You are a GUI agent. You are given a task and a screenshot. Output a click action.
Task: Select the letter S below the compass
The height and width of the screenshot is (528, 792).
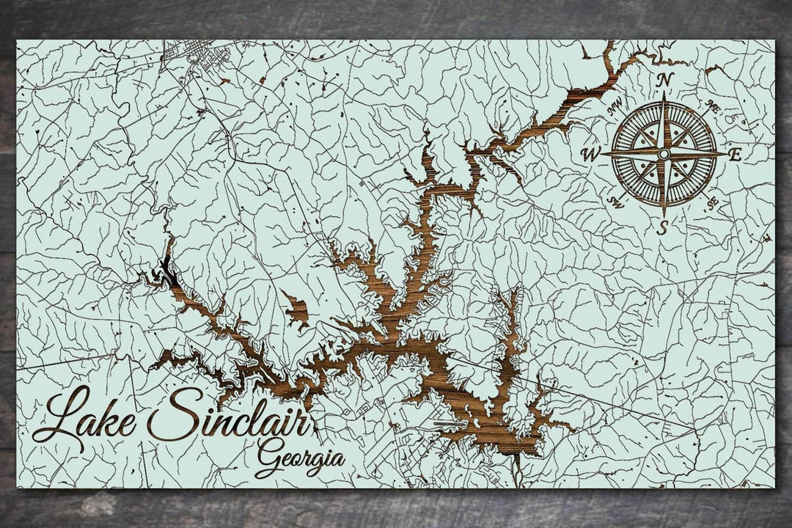coord(662,227)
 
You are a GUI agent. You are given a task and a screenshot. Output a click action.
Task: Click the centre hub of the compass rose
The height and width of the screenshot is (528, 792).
coord(664,154)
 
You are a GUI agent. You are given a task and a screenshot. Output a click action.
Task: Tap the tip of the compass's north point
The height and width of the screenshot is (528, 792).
coord(664,94)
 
